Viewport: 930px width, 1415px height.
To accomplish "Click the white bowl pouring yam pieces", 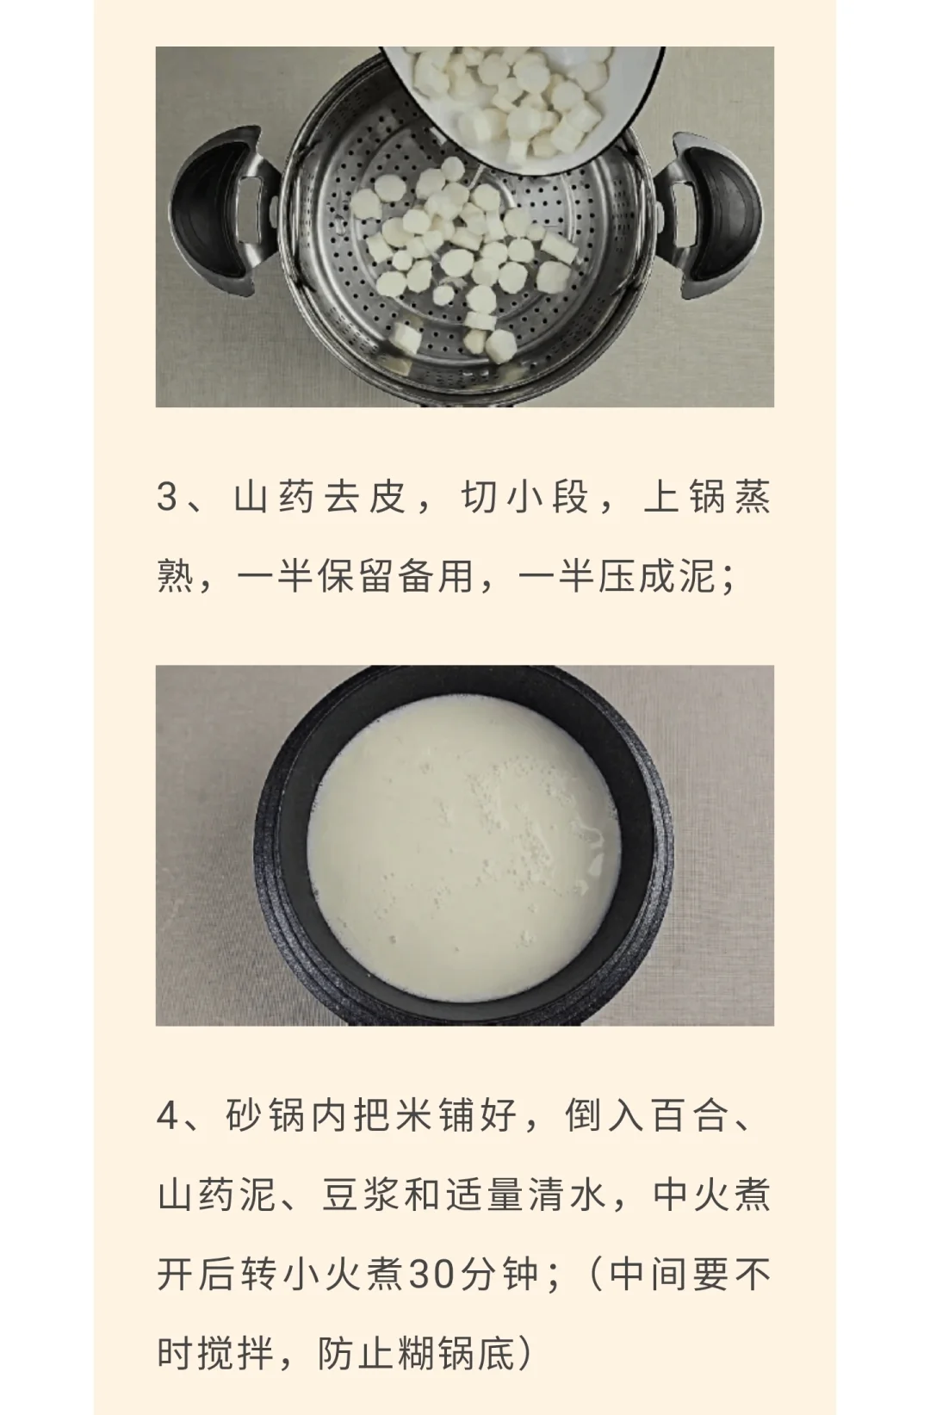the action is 524,101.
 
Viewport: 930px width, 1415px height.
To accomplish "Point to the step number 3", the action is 167,497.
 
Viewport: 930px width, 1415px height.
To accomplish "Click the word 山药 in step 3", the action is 274,497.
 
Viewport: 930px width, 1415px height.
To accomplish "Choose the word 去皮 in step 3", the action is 364,497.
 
